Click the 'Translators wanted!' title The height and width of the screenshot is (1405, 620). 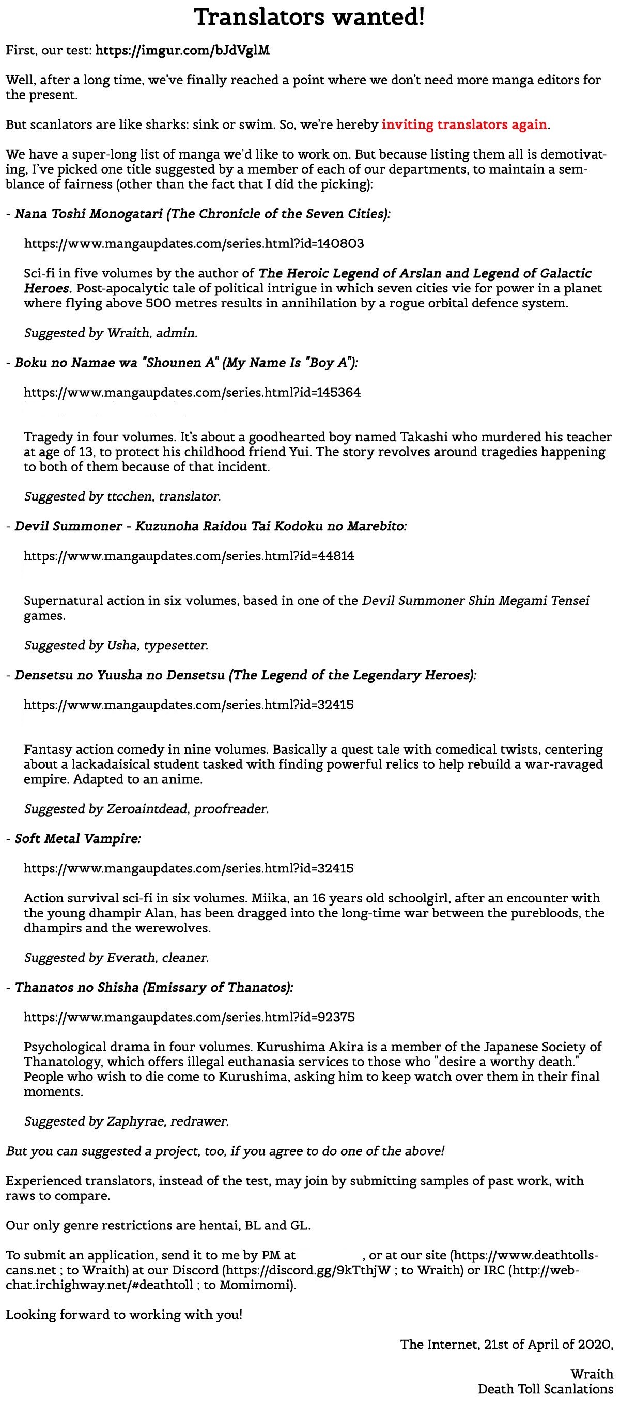[309, 18]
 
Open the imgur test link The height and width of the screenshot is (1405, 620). [182, 51]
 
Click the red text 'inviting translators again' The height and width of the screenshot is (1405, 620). [464, 124]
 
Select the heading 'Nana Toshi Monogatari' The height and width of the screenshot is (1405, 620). [203, 214]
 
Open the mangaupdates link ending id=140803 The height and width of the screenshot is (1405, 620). [194, 243]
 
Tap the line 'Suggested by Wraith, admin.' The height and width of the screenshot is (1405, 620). [111, 333]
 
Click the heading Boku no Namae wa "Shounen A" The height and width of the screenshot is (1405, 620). [186, 363]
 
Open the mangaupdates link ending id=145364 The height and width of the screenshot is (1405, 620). [192, 392]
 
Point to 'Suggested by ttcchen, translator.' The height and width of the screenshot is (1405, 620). [122, 496]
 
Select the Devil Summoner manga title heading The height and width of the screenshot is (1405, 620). [211, 526]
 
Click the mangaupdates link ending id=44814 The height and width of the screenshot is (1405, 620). [189, 556]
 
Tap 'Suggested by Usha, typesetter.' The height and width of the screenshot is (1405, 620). [116, 645]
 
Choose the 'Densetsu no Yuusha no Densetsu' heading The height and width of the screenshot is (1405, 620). [245, 675]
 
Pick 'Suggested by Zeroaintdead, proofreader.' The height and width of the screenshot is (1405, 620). [146, 809]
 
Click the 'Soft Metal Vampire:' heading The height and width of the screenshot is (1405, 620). [78, 839]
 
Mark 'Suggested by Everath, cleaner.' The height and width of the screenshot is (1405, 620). [116, 958]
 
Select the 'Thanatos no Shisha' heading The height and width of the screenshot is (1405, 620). [154, 987]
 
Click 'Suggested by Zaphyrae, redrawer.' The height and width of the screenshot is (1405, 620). [126, 1121]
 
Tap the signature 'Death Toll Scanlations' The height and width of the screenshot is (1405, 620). [545, 1388]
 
